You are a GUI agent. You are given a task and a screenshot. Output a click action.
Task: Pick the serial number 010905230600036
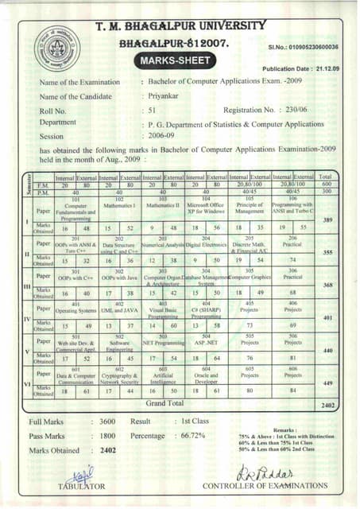pyautogui.click(x=315, y=48)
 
